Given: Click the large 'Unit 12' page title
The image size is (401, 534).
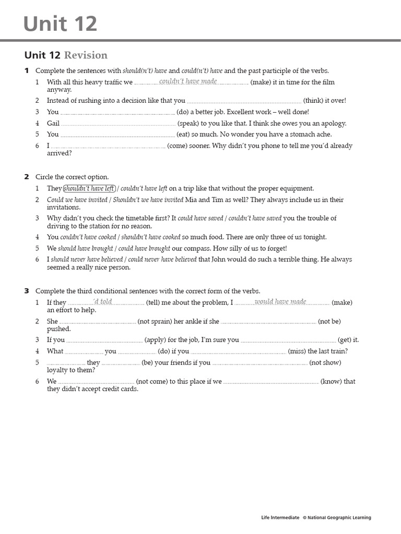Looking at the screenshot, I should click(x=60, y=24).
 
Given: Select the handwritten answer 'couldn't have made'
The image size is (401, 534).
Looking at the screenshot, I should click(x=188, y=81).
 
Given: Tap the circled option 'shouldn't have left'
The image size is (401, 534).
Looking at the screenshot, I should click(x=89, y=189).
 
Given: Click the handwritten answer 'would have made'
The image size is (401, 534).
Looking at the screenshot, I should click(x=280, y=302).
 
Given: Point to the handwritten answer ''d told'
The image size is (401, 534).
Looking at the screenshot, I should click(x=102, y=302).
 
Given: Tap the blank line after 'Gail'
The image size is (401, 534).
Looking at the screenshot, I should click(x=118, y=125).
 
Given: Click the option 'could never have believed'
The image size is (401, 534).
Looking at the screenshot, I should click(x=162, y=259).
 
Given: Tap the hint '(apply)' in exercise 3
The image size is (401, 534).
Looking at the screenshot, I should click(x=155, y=340).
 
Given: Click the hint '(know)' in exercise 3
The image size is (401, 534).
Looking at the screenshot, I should click(x=331, y=382).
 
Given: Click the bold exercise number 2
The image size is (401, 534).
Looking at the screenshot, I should click(x=27, y=177).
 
